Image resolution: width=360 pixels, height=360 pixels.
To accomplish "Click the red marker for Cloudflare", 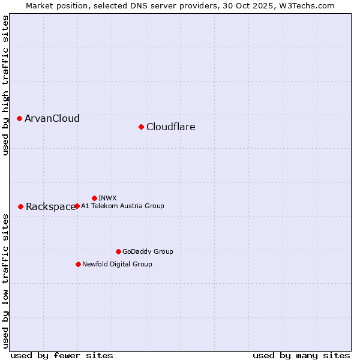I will tap(141, 127).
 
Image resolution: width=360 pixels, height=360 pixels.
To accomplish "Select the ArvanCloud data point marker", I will tap(20, 118).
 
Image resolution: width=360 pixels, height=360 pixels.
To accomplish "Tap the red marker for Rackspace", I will tap(20, 206).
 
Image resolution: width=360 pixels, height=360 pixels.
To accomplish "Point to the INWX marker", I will tap(94, 198).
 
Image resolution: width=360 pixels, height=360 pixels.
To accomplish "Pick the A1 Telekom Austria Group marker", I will tap(77, 206).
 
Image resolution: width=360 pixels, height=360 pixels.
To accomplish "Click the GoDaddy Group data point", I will tap(118, 251).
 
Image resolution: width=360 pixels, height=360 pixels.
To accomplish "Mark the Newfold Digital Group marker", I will tap(78, 264).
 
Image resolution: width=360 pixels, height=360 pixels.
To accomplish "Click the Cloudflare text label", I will tap(170, 127).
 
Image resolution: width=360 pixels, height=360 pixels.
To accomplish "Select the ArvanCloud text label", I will tap(52, 118).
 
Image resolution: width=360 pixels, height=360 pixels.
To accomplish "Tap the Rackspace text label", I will tap(50, 206).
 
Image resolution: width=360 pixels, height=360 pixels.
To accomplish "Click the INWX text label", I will tap(107, 198).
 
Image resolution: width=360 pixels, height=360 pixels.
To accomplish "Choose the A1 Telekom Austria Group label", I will tap(122, 206).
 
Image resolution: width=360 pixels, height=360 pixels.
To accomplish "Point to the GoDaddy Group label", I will tap(148, 251).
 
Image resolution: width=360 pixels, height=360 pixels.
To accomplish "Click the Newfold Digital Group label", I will tap(117, 264).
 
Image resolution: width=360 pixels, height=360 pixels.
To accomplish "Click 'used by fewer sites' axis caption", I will tap(62, 355).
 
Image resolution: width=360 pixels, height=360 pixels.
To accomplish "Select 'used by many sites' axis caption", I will tap(301, 355).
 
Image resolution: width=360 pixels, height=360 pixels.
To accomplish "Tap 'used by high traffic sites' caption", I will tap(5, 85).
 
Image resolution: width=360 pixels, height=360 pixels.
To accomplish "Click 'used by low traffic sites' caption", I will tap(5, 281).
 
